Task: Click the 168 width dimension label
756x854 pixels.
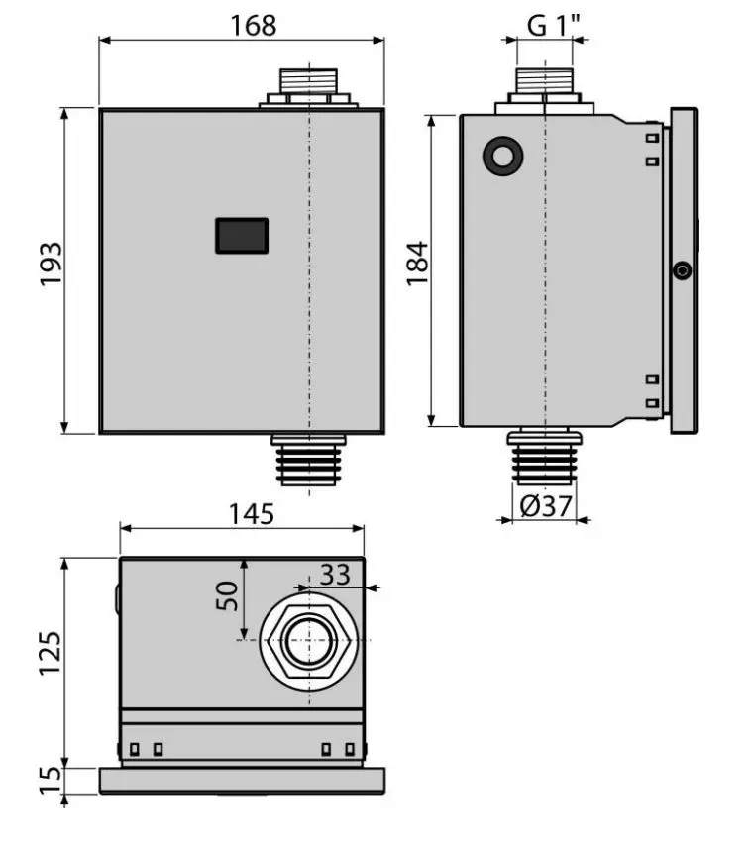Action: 254,25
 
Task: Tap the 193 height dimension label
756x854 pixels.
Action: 51,264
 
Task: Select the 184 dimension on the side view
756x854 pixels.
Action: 418,264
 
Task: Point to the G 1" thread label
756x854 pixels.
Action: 554,25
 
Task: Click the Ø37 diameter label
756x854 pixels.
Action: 546,506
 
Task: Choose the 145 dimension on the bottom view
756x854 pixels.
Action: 251,514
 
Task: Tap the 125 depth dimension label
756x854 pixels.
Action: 50,653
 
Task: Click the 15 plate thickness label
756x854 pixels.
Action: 50,781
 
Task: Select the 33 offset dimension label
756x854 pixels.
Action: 335,574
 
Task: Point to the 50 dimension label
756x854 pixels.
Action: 227,595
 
